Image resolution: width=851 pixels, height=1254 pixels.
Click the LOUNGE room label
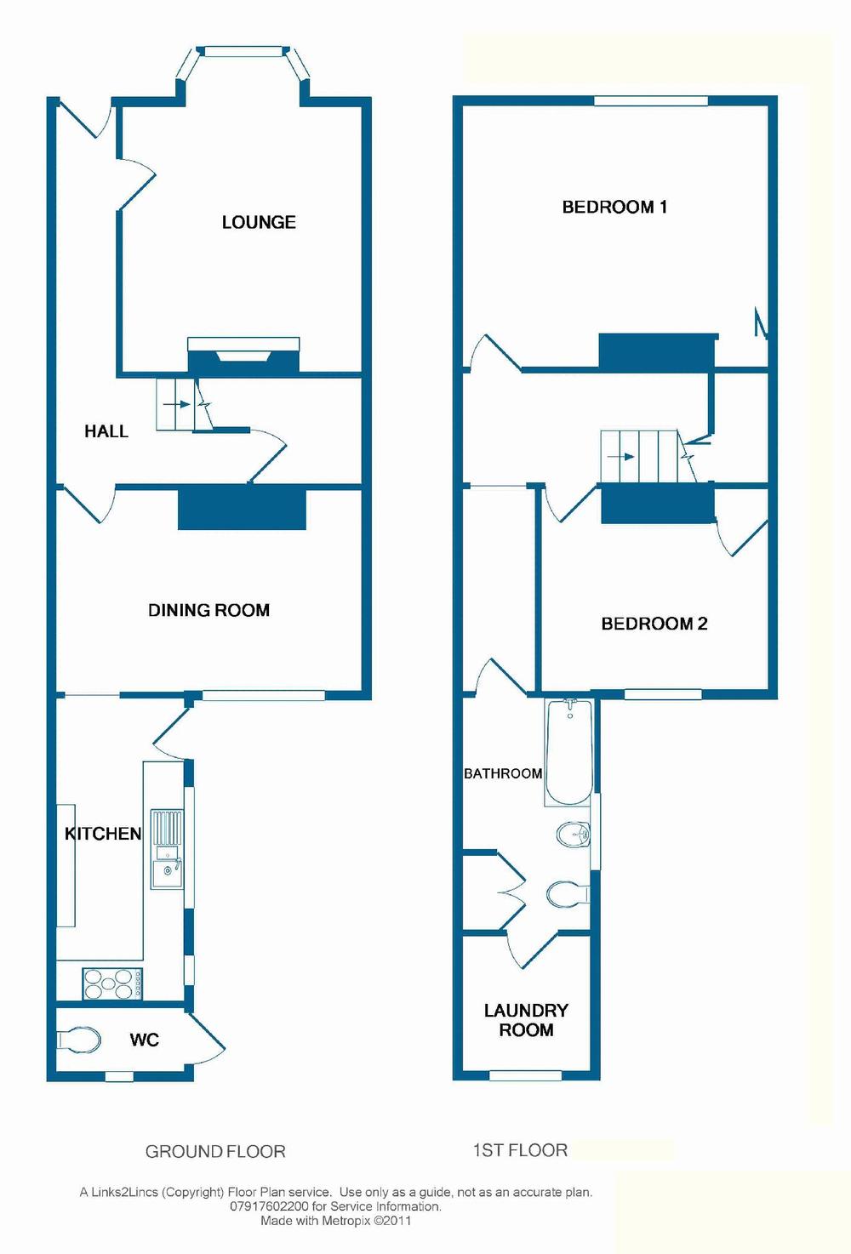pos(259,222)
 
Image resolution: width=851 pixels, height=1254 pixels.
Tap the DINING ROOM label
pos(208,610)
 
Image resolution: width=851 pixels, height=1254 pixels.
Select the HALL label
pos(106,431)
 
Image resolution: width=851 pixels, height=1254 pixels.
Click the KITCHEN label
pos(103,834)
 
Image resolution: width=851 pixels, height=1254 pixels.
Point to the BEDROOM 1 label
pos(614,207)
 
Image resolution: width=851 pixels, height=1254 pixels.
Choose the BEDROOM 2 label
pos(654,624)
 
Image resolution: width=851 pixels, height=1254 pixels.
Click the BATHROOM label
pos(503,773)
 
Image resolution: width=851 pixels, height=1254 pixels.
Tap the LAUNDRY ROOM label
pos(526,1020)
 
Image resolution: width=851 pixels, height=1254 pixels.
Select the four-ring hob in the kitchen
pos(112,984)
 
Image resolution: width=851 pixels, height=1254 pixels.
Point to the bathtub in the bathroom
pos(568,751)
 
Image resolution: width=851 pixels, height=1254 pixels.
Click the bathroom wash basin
pos(573,834)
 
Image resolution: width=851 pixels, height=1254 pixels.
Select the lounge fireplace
pos(243,356)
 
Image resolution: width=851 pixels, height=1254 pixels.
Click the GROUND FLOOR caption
pos(215,1152)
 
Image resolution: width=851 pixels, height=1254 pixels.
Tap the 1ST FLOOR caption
pos(520,1150)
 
